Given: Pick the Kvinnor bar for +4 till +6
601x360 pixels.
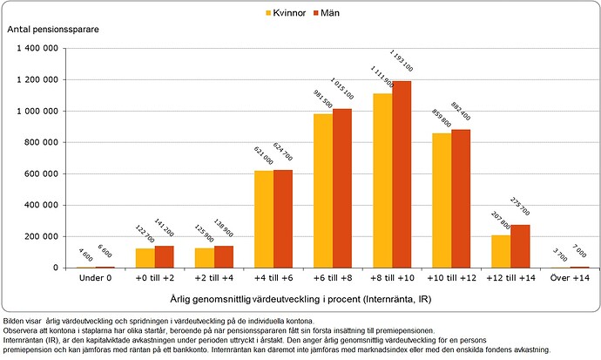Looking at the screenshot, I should tap(264, 219).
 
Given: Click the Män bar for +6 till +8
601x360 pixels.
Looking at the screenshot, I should tap(342, 188).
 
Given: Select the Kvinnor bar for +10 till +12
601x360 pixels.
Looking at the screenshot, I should tap(442, 200).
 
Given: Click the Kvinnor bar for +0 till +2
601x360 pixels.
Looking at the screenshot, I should tap(145, 258).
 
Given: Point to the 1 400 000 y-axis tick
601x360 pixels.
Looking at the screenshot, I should tap(35, 49).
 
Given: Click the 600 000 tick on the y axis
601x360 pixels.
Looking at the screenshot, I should tap(38, 173).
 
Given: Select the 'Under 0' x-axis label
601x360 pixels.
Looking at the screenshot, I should tap(96, 278).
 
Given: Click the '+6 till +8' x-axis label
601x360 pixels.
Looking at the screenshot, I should tap(333, 278).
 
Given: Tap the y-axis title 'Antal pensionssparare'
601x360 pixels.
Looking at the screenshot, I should tap(53, 30).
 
